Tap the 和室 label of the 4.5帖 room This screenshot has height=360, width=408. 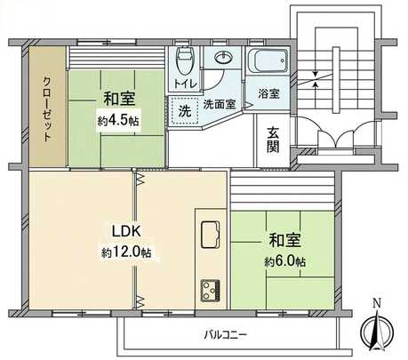click(x=117, y=99)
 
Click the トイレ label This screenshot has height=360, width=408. click(x=185, y=84)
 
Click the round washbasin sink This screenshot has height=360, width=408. click(x=221, y=60)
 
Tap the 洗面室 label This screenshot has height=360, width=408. click(x=219, y=104)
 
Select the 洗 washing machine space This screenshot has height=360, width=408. click(x=184, y=113)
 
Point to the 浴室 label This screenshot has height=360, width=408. click(x=268, y=93)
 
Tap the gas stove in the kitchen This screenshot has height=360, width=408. click(x=212, y=290)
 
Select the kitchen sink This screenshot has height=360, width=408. click(x=212, y=235)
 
